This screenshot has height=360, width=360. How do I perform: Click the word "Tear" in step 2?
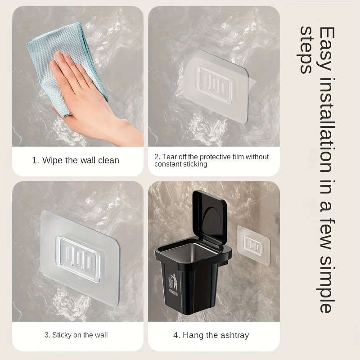tap(170, 157)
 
